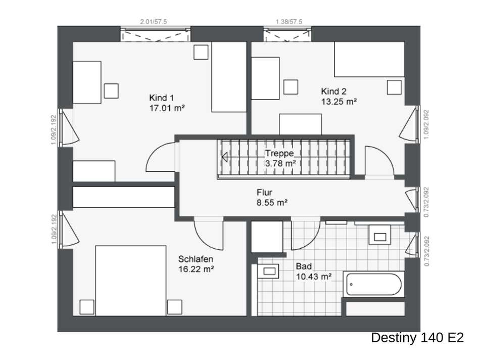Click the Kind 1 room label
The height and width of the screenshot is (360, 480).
pyautogui.click(x=161, y=98)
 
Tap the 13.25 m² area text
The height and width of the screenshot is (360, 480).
pyautogui.click(x=339, y=102)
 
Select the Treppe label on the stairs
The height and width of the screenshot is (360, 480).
pyautogui.click(x=279, y=153)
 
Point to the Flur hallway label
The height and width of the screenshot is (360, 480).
pyautogui.click(x=264, y=193)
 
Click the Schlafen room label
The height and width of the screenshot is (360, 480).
pyautogui.click(x=196, y=259)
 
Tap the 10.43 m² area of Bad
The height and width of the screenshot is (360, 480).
pyautogui.click(x=313, y=277)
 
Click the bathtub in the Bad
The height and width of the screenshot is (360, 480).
pyautogui.click(x=374, y=284)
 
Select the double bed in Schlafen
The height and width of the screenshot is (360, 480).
pyautogui.click(x=131, y=280)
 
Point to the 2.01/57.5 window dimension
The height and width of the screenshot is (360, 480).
pyautogui.click(x=154, y=22)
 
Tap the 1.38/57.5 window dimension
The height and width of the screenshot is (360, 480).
pyautogui.click(x=289, y=22)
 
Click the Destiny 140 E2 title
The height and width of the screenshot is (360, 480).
pyautogui.click(x=417, y=338)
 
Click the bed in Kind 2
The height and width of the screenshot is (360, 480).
pyautogui.click(x=369, y=59)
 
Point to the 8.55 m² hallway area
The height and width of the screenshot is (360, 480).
pyautogui.click(x=272, y=203)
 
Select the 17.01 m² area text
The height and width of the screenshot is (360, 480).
pyautogui.click(x=167, y=108)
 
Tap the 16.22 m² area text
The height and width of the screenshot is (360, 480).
pyautogui.click(x=196, y=269)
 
